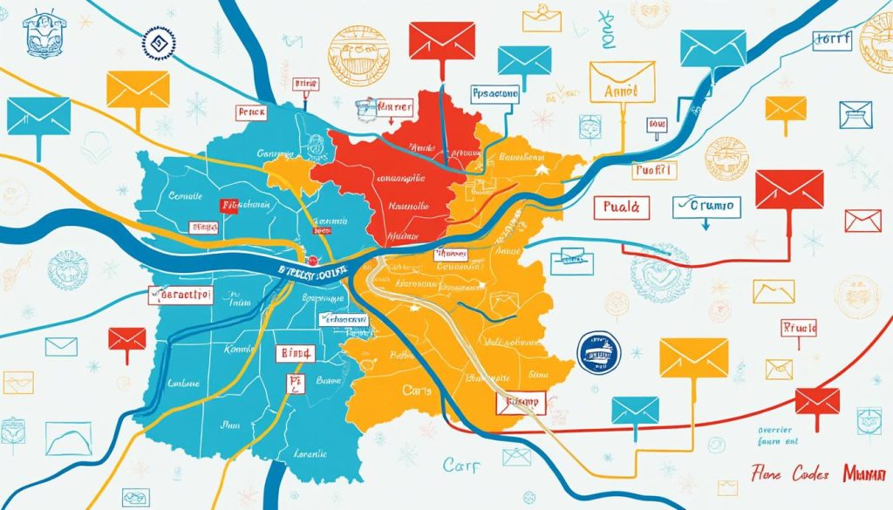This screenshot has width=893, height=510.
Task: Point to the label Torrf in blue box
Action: tap(833, 40)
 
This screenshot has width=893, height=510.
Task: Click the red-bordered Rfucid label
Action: tap(797, 329)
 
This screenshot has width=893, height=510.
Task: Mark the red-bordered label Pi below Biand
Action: tap(295, 384)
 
